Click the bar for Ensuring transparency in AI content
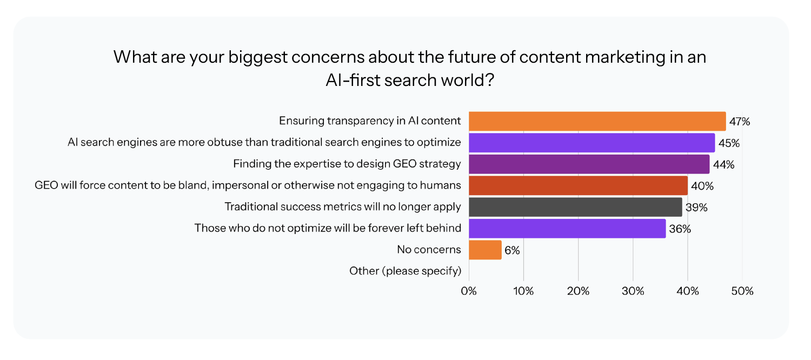(x=597, y=121)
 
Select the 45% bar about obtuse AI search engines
(x=591, y=143)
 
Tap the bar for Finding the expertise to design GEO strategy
(x=589, y=164)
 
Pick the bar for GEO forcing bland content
(x=578, y=185)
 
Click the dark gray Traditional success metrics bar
(x=575, y=207)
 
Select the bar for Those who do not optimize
(x=567, y=229)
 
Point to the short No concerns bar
(x=485, y=250)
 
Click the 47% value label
(x=740, y=122)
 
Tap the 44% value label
(x=723, y=165)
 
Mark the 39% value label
(x=696, y=208)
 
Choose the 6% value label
(x=512, y=250)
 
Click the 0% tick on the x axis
(x=469, y=291)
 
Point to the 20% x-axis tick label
(x=578, y=291)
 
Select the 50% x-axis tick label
(x=742, y=291)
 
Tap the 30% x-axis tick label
(x=633, y=291)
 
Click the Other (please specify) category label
(x=405, y=271)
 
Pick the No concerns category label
(x=429, y=249)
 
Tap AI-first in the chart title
(x=357, y=80)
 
